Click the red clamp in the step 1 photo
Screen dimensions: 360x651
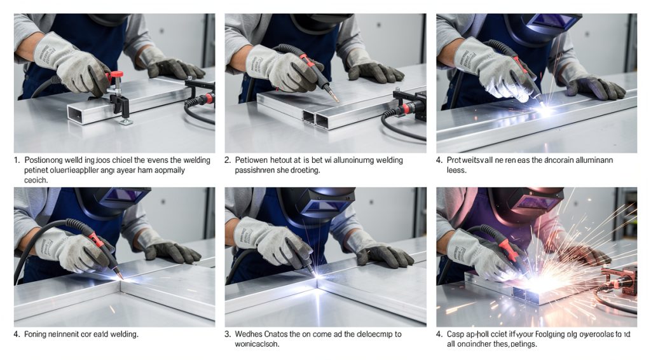(115, 78)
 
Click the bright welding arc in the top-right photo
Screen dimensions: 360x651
(544, 111)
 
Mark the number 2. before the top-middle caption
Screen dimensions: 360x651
(228, 160)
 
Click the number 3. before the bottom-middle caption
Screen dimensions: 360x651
(228, 333)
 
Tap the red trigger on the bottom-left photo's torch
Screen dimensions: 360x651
(95, 239)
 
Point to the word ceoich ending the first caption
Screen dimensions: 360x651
(36, 181)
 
